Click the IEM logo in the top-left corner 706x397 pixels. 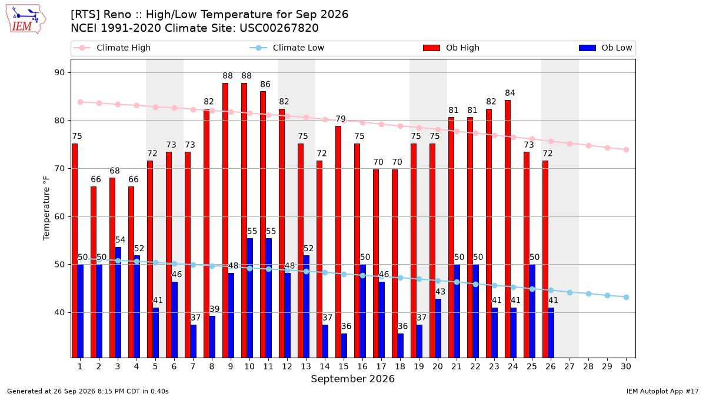[26, 19]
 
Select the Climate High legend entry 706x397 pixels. [112, 48]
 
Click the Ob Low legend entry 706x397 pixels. [605, 48]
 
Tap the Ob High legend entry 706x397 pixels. [451, 48]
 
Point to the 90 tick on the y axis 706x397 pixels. [59, 73]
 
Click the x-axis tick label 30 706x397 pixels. [626, 366]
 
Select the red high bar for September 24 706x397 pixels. [507, 229]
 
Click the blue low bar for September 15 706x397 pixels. [344, 346]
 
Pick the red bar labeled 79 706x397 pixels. [338, 242]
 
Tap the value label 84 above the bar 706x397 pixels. [510, 93]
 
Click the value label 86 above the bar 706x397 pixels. [265, 84]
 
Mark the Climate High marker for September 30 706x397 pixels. [626, 149]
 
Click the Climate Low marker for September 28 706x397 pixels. [588, 293]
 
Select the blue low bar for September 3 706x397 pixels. [118, 302]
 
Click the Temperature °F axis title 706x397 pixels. [46, 208]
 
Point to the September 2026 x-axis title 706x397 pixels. [352, 379]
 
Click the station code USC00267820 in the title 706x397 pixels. [279, 28]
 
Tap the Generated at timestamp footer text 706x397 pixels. [88, 391]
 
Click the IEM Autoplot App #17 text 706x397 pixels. [662, 391]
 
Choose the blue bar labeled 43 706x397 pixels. [438, 328]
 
